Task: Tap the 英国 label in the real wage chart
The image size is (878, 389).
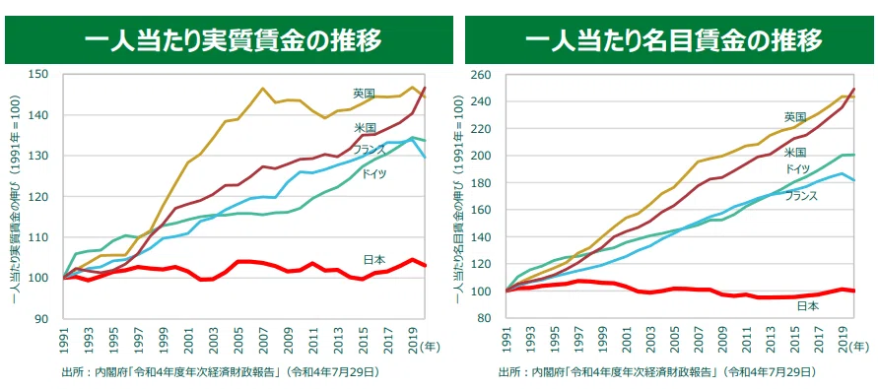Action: coord(364,93)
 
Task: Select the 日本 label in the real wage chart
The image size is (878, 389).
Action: coord(374,260)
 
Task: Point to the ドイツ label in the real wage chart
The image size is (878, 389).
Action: coord(373,173)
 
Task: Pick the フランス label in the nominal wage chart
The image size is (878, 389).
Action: coord(801,195)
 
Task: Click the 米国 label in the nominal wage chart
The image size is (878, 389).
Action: coord(794,153)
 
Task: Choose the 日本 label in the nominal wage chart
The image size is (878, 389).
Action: coord(807,305)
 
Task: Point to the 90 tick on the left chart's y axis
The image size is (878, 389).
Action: coord(43,319)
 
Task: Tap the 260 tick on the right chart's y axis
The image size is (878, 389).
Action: coord(482,75)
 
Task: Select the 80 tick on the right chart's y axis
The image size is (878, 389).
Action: coord(485,318)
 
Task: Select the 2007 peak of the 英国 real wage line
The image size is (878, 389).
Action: coord(262,88)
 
